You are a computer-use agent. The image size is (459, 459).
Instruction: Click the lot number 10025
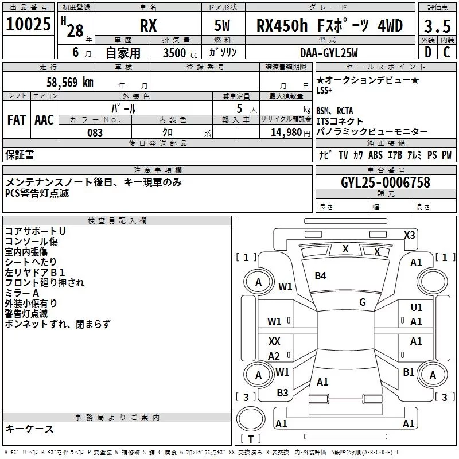(28, 25)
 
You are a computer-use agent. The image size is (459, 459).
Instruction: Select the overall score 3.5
(437, 26)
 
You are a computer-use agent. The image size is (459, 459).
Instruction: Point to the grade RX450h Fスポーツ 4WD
(329, 26)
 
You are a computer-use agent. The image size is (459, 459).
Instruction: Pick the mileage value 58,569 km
(63, 83)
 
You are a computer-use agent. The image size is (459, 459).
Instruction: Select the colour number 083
(95, 133)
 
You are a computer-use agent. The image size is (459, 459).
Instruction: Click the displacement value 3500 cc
(174, 53)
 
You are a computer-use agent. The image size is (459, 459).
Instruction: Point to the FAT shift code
(16, 120)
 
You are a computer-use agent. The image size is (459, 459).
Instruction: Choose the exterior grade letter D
(427, 53)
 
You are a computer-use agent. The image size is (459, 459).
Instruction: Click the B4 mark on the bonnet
(320, 276)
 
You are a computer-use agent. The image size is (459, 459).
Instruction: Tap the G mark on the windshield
(363, 302)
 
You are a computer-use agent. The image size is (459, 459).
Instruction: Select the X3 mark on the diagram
(409, 235)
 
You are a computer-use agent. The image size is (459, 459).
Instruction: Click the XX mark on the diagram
(274, 341)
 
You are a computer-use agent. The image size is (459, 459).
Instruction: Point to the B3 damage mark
(282, 393)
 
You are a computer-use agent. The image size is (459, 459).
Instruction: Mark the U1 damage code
(416, 308)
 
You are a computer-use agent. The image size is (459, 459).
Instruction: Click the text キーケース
(30, 429)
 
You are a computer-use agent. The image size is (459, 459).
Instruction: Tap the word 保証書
(20, 155)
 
